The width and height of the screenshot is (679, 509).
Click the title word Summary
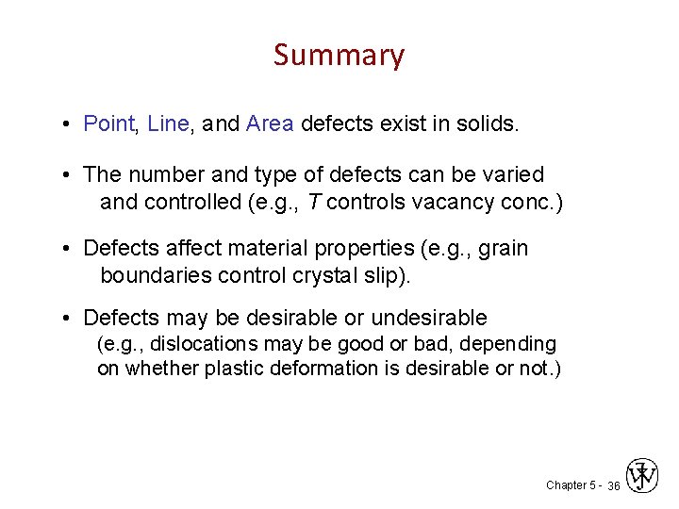click(x=339, y=56)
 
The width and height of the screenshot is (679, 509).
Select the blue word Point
click(x=109, y=123)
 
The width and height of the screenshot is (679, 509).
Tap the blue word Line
click(x=169, y=123)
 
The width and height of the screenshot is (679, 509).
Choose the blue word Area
click(x=270, y=123)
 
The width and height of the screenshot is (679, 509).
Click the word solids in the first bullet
click(x=489, y=123)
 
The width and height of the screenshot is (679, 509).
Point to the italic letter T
click(x=315, y=202)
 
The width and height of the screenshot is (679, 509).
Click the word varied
click(x=512, y=175)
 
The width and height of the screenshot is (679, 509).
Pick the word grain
click(x=504, y=249)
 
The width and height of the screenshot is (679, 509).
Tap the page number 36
click(x=613, y=485)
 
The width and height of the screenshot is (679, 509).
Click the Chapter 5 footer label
click(x=571, y=485)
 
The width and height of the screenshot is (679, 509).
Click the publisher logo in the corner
click(x=642, y=477)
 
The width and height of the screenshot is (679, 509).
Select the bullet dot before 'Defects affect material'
click(x=71, y=250)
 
